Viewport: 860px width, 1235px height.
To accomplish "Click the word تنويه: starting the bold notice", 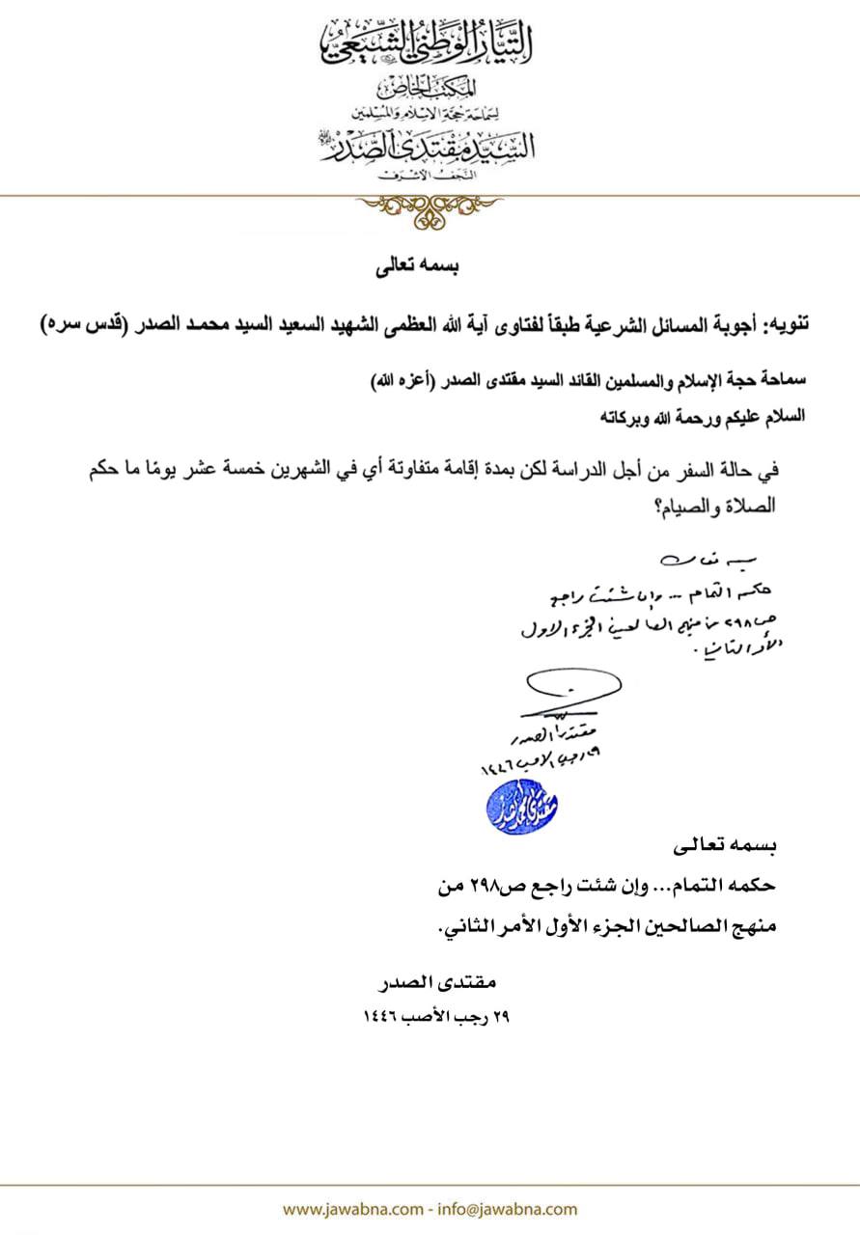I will click(782, 325).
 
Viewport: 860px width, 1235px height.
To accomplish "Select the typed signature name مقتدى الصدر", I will click(446, 984).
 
